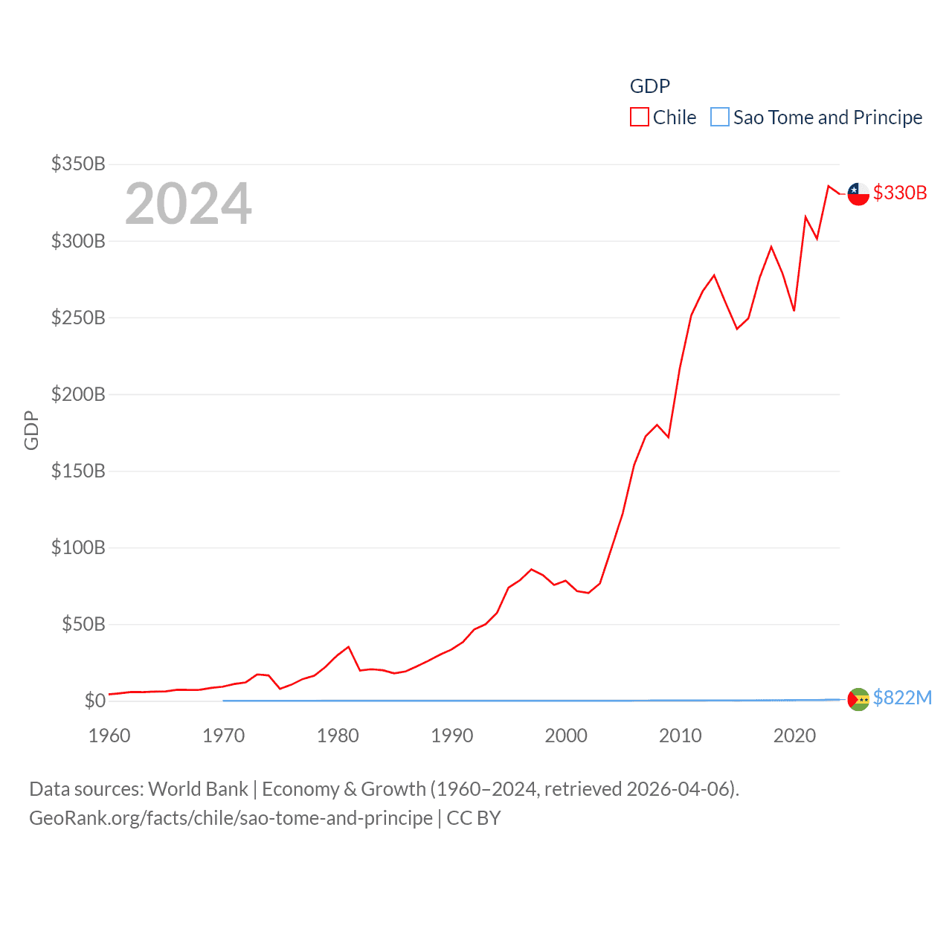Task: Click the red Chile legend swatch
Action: [x=639, y=118]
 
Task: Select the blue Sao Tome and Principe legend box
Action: [x=719, y=118]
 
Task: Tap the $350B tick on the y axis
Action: [x=78, y=164]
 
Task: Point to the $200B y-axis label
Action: [x=78, y=394]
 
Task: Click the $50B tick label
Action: [x=83, y=624]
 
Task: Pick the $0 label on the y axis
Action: [x=94, y=701]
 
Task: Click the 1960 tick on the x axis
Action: [x=109, y=736]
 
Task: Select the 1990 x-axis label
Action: [x=452, y=736]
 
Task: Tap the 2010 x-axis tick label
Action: [x=681, y=736]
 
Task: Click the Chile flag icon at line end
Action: [x=858, y=194]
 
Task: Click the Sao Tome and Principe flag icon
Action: [x=858, y=699]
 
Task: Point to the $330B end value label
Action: [x=900, y=193]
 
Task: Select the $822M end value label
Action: [x=902, y=698]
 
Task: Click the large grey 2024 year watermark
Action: [x=188, y=204]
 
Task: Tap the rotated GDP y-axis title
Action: [x=31, y=430]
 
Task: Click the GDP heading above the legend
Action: [x=649, y=86]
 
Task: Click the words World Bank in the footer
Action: [x=198, y=789]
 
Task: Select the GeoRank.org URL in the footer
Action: [x=231, y=818]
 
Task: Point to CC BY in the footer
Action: [x=474, y=818]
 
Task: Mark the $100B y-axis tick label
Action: [x=78, y=547]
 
